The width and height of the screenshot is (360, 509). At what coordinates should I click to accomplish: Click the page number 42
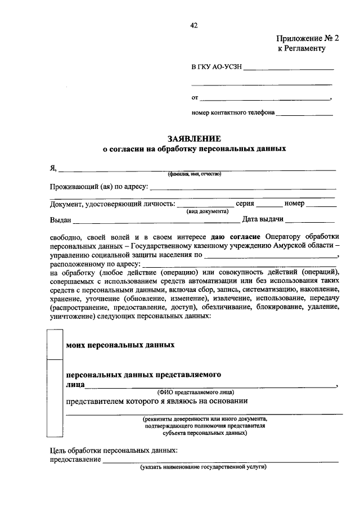pyautogui.click(x=194, y=25)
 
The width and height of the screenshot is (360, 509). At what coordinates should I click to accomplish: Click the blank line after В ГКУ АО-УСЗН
pyautogui.click(x=289, y=68)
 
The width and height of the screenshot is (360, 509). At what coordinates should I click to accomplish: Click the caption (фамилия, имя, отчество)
pyautogui.click(x=194, y=174)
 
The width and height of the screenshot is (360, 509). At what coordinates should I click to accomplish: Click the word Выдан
pyautogui.click(x=60, y=219)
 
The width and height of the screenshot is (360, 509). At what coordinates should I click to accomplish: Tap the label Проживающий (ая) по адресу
pyautogui.click(x=98, y=187)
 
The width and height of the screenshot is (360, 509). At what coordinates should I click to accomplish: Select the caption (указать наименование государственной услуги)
pyautogui.click(x=203, y=467)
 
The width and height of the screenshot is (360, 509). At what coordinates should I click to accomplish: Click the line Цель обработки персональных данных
pyautogui.click(x=114, y=451)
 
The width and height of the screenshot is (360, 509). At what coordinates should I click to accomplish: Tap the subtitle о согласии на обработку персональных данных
pyautogui.click(x=194, y=150)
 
